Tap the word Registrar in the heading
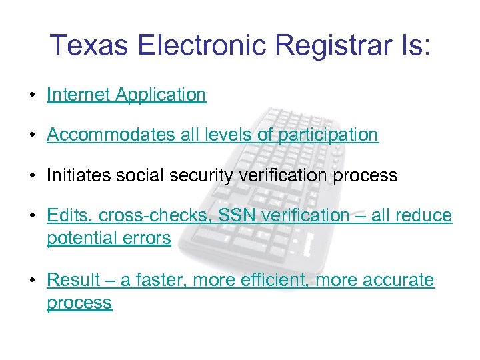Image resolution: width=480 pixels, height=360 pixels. point(315,45)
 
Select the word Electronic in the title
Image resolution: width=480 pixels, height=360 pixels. point(202,45)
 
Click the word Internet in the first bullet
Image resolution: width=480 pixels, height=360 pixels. point(79,95)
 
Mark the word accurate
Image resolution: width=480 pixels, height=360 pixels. point(399,281)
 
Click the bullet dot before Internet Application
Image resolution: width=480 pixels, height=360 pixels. point(32,96)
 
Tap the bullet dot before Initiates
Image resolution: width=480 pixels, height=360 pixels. point(32,177)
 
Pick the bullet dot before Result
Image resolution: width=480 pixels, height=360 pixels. point(32,281)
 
